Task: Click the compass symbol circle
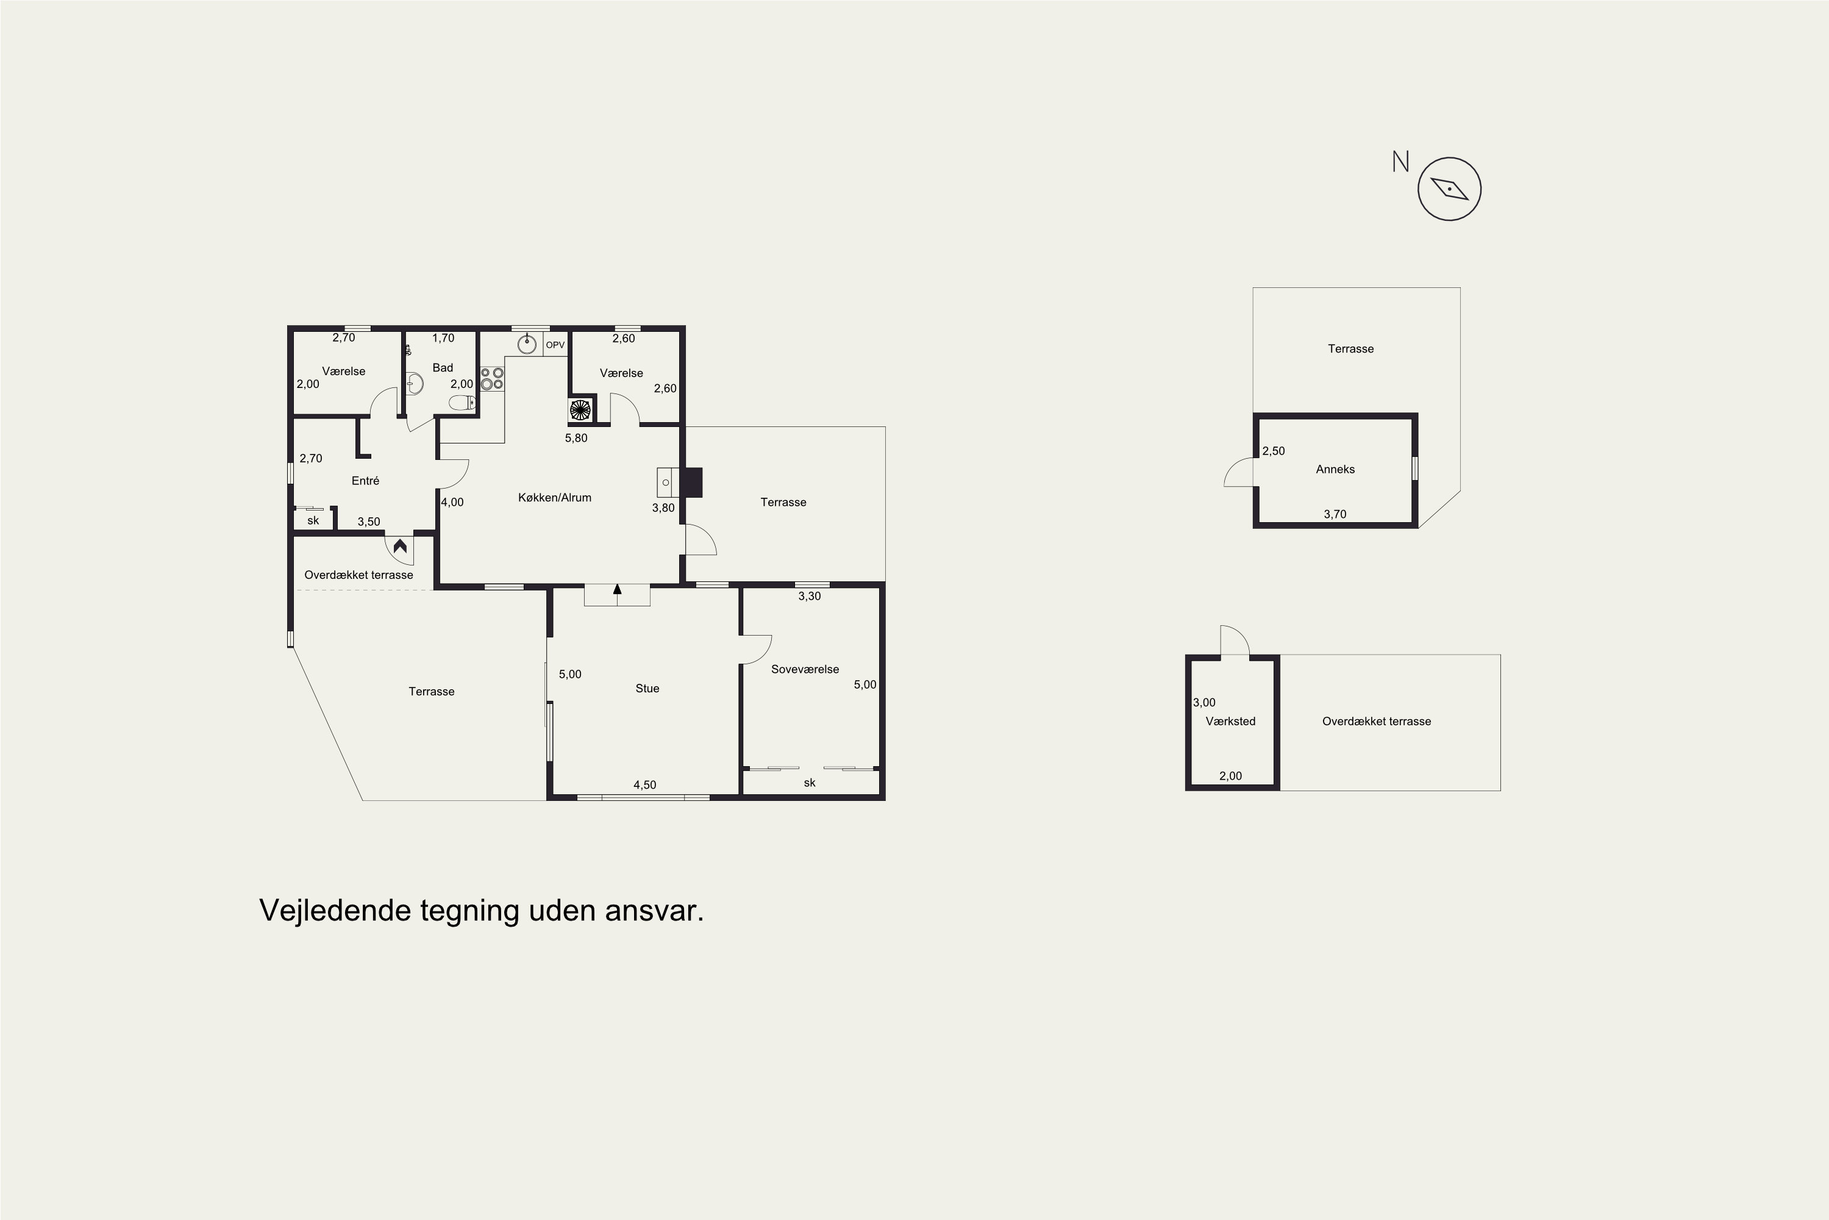coord(1450,158)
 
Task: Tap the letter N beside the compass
coord(1400,162)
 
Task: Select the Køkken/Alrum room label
coord(554,498)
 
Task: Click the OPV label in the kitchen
coord(555,345)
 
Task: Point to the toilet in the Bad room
coord(463,402)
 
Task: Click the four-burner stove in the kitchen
coord(491,379)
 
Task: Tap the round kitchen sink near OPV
coord(527,343)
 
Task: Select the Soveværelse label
coord(805,669)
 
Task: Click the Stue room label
coord(647,689)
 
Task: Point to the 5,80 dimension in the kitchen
coord(576,438)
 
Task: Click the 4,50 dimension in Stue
coord(644,785)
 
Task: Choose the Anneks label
coord(1335,469)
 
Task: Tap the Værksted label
coord(1230,721)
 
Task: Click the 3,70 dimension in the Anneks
coord(1335,514)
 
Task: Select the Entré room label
coord(365,481)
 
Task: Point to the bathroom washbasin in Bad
coord(415,384)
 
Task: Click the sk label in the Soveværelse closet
coord(810,783)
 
